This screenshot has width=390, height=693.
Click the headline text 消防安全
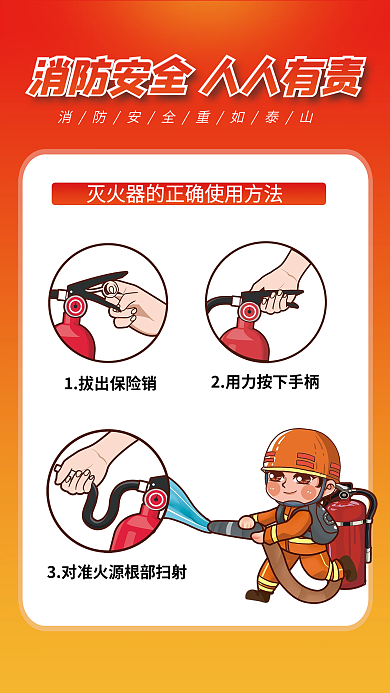click(x=111, y=76)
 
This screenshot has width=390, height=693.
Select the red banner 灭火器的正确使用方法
click(x=189, y=193)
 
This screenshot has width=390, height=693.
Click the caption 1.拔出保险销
click(x=110, y=383)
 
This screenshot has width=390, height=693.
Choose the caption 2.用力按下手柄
click(x=265, y=382)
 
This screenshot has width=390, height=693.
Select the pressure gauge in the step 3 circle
click(x=155, y=497)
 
